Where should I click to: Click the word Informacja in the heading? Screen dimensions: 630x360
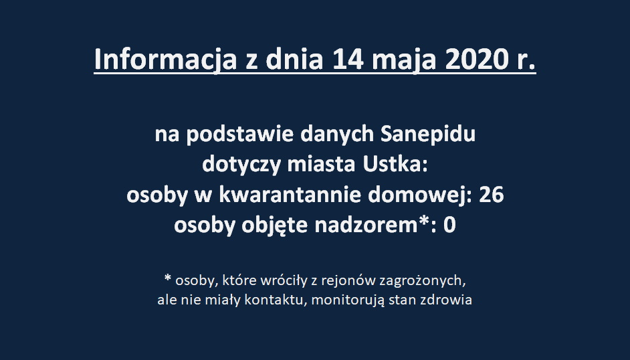[165, 60]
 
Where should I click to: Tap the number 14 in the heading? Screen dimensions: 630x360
[348, 60]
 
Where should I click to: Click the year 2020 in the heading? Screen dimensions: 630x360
[476, 60]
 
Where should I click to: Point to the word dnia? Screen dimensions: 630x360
[294, 60]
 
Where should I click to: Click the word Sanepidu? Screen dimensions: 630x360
[428, 134]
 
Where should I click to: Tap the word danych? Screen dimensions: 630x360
[337, 134]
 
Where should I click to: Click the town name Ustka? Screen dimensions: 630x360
[395, 164]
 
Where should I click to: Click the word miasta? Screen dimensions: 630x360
[321, 164]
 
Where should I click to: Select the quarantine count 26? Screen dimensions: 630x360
[491, 195]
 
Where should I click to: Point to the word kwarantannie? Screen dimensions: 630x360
[290, 195]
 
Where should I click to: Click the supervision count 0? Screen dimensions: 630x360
[449, 226]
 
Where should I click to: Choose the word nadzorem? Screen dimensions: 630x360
[366, 225]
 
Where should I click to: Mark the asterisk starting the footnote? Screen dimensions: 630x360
[168, 278]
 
